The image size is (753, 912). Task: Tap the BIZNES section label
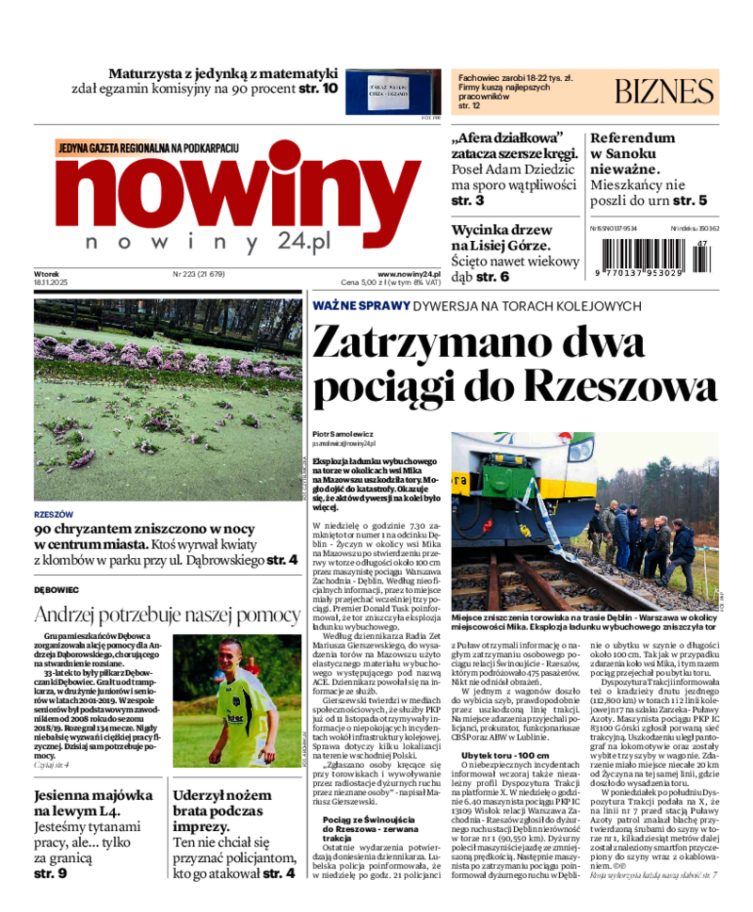pyautogui.click(x=665, y=91)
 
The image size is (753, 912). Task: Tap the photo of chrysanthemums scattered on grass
pyautogui.click(x=168, y=399)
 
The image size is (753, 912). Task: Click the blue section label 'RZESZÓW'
pyautogui.click(x=54, y=515)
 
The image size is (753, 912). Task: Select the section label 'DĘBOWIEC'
pyautogui.click(x=56, y=590)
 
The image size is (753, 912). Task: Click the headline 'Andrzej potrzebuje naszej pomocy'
pyautogui.click(x=167, y=616)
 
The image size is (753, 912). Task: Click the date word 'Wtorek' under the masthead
pyautogui.click(x=47, y=274)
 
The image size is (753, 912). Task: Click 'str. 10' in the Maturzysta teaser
pyautogui.click(x=317, y=88)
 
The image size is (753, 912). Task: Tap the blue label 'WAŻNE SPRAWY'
pyautogui.click(x=361, y=306)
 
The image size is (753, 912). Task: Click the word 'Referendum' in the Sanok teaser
pyautogui.click(x=633, y=137)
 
